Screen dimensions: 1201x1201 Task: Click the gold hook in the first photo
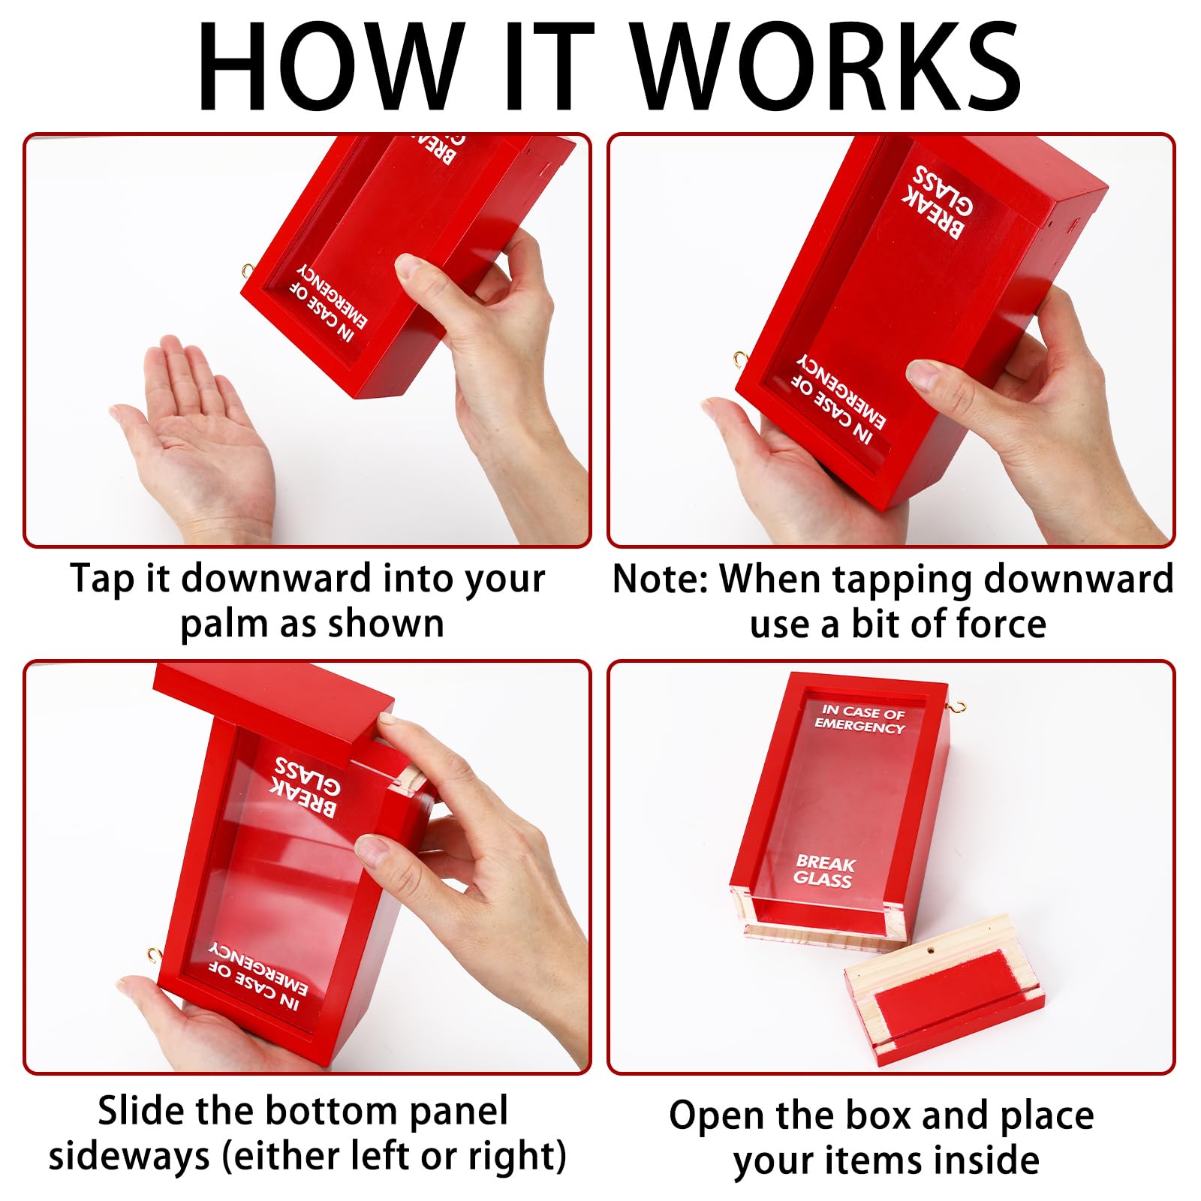248,271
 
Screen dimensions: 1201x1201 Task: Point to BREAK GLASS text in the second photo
939,201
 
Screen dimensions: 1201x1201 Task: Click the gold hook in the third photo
155,955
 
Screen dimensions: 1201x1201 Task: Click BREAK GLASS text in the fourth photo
824,871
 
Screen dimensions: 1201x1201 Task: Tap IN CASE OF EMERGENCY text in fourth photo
861,718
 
